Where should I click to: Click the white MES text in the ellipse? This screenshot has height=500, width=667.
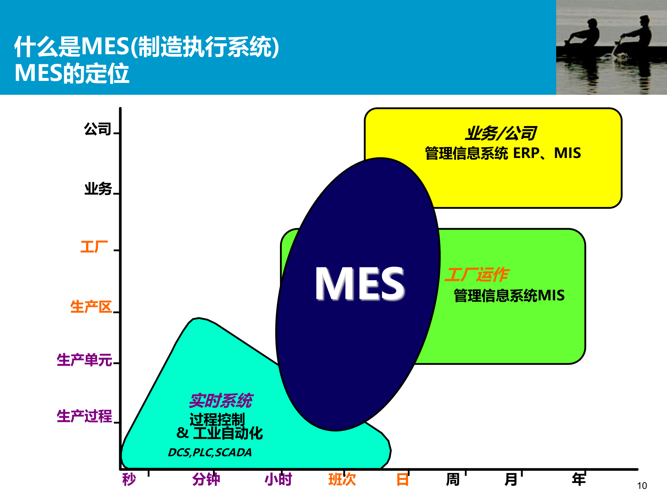click(360, 283)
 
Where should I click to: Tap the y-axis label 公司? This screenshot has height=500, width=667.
click(98, 129)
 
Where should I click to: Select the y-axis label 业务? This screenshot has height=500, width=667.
click(98, 189)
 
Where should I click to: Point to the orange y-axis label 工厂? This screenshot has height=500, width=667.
click(94, 247)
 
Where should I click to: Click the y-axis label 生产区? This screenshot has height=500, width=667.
click(91, 307)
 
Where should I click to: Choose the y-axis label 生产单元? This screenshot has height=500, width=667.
click(84, 360)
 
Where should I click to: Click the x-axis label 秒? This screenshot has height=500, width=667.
click(129, 480)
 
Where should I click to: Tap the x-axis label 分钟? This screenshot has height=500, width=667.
click(206, 480)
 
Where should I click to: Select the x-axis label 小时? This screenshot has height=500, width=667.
click(278, 480)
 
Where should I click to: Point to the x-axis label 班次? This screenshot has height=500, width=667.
click(342, 480)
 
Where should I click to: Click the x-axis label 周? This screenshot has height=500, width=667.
click(453, 480)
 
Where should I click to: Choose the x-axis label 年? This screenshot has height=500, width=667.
click(579, 479)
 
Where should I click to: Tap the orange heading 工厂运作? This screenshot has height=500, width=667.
click(477, 275)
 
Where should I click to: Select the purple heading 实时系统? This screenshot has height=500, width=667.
click(221, 401)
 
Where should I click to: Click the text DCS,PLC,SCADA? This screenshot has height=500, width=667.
click(210, 452)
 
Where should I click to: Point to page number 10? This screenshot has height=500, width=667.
click(642, 486)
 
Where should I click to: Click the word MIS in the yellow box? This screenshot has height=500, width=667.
click(567, 153)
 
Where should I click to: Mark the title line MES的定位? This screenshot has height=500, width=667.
click(72, 74)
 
